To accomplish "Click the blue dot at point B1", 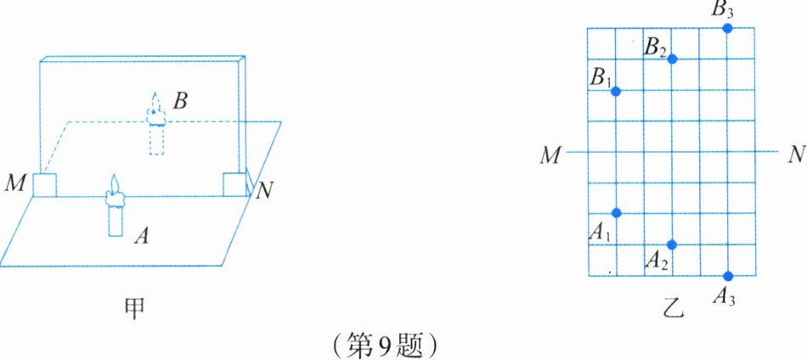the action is coord(616,91).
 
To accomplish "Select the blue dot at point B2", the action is coord(672,59).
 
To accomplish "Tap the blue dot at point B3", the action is coord(728,28).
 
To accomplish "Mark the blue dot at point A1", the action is coord(617,212).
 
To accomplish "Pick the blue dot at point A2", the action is coord(672,245).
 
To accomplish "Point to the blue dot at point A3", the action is coord(728,275).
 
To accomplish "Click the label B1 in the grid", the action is coord(601,78).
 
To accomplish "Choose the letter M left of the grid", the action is coord(551,154).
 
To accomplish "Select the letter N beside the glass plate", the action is coord(264,189).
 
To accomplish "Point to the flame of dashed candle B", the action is coord(155,103).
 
